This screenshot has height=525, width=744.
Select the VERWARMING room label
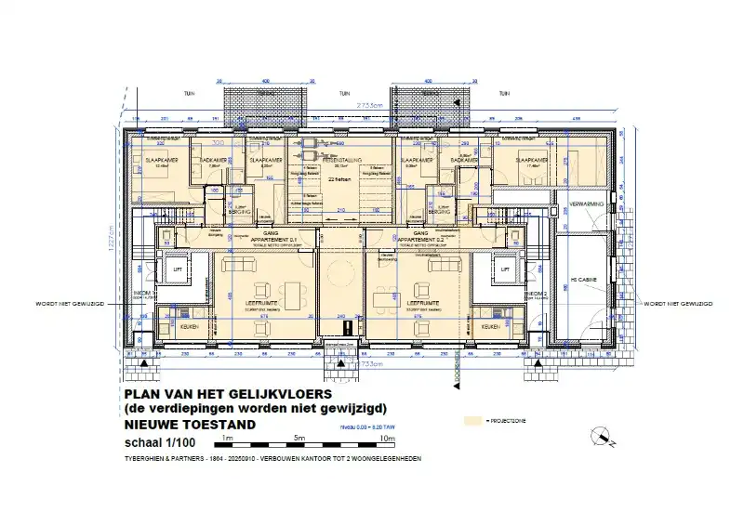(588, 204)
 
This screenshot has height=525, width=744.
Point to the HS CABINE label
(584, 279)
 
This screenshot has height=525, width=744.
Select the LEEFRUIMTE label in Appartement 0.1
(262, 304)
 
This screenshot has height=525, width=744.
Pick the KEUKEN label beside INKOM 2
(490, 327)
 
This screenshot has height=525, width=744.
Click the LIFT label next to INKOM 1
(176, 270)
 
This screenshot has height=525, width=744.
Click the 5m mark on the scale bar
(300, 437)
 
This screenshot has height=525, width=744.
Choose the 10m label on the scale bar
(388, 437)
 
